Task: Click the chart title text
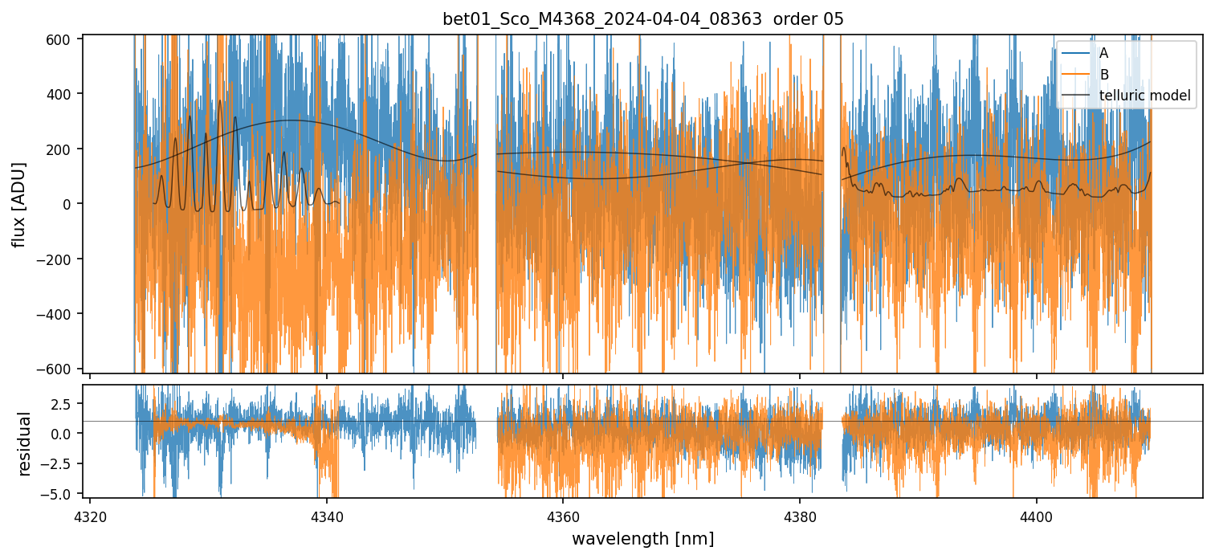(642, 19)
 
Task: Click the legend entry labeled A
(1103, 53)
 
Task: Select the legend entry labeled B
(1103, 75)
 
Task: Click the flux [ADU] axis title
(18, 204)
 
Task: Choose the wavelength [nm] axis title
(642, 538)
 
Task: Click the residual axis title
(24, 443)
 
